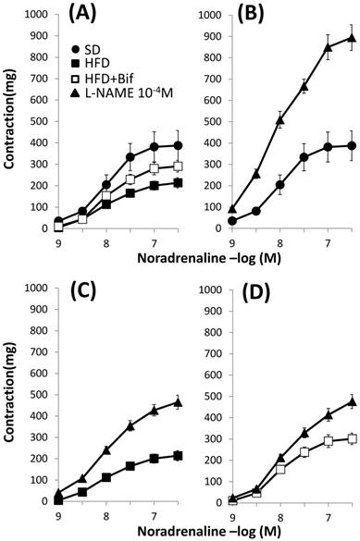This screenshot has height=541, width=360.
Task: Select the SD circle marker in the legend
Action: point(76,50)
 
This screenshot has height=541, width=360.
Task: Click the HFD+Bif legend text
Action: point(108,79)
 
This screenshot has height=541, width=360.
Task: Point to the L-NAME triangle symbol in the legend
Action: point(76,92)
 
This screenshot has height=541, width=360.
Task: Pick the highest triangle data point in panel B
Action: point(352,38)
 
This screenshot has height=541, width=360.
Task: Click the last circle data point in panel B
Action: point(352,145)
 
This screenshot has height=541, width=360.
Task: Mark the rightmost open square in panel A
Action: point(178,166)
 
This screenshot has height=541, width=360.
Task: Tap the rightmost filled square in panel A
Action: point(178,183)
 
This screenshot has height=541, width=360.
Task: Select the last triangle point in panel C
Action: point(178,402)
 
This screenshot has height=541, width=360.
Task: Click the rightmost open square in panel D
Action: point(352,439)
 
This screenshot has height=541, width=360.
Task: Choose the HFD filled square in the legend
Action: point(76,64)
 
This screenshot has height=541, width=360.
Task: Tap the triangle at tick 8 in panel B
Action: point(279,120)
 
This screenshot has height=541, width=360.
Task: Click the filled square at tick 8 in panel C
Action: point(106,478)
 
